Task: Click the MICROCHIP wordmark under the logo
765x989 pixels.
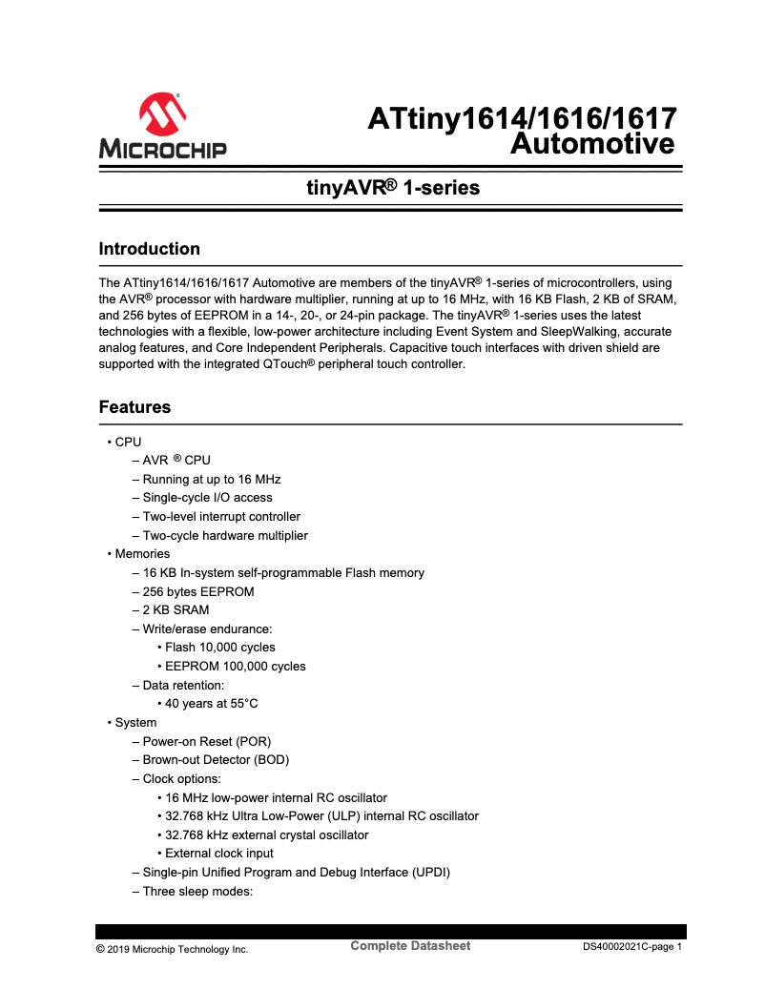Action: pyautogui.click(x=162, y=149)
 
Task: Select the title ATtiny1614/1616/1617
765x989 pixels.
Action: pyautogui.click(x=522, y=119)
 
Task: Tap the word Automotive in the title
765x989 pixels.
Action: pyautogui.click(x=592, y=144)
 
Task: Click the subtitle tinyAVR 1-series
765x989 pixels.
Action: pyautogui.click(x=392, y=188)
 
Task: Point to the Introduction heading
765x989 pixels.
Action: pyautogui.click(x=150, y=249)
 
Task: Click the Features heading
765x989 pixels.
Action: pyautogui.click(x=135, y=407)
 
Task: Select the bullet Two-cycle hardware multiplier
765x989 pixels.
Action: pyautogui.click(x=225, y=535)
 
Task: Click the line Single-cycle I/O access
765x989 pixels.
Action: pyautogui.click(x=207, y=497)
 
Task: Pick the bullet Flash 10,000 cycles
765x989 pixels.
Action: pyautogui.click(x=219, y=648)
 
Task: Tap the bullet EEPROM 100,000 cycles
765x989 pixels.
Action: pyautogui.click(x=235, y=666)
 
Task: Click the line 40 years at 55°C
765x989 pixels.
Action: pyautogui.click(x=211, y=703)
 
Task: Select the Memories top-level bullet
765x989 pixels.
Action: pyautogui.click(x=142, y=553)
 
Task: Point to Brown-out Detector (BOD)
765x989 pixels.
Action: pyautogui.click(x=216, y=760)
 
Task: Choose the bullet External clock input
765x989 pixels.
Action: pyautogui.click(x=218, y=853)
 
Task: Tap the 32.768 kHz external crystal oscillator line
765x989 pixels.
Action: pyautogui.click(x=266, y=834)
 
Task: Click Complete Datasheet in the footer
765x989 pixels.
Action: pyautogui.click(x=410, y=946)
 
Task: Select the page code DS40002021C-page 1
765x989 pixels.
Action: pyautogui.click(x=632, y=948)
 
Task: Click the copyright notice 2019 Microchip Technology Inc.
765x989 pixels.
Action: pyautogui.click(x=173, y=949)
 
